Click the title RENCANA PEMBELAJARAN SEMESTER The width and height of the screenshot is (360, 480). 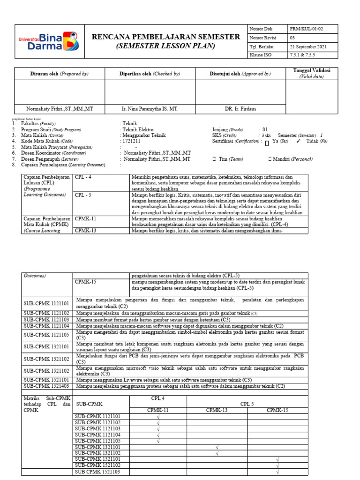[x=166, y=37]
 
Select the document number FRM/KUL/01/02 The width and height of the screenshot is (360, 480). [x=306, y=29]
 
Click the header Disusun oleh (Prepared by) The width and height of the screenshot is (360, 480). [x=60, y=74]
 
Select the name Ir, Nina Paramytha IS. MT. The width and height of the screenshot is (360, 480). [x=150, y=109]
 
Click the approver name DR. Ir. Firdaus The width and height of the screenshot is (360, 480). [x=240, y=109]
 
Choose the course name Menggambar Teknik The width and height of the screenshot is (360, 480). [x=143, y=135]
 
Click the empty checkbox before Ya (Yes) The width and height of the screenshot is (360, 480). [x=266, y=142]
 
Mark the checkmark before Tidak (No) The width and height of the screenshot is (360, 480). [x=299, y=141]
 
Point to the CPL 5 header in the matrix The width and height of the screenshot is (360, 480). [x=247, y=403]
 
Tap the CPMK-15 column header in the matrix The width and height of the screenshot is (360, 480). [x=277, y=410]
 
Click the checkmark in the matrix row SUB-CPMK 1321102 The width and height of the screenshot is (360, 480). [x=217, y=453]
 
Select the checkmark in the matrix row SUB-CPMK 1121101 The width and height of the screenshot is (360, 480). [x=158, y=417]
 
